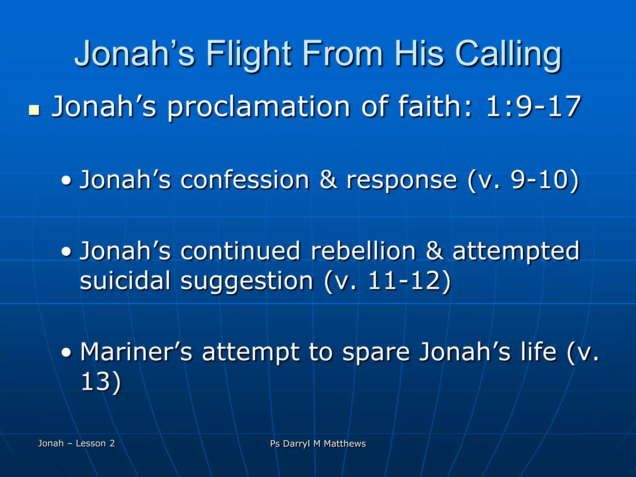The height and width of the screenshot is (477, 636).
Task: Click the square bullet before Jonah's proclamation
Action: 34,110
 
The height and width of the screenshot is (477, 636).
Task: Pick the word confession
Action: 245,180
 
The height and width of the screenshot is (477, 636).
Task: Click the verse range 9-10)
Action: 545,180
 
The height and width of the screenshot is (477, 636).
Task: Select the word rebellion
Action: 363,251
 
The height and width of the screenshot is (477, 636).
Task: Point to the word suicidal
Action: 125,280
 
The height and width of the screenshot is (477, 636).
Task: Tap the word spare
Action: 376,352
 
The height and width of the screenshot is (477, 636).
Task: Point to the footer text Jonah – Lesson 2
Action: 76,443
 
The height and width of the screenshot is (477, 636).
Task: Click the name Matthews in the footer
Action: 345,443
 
